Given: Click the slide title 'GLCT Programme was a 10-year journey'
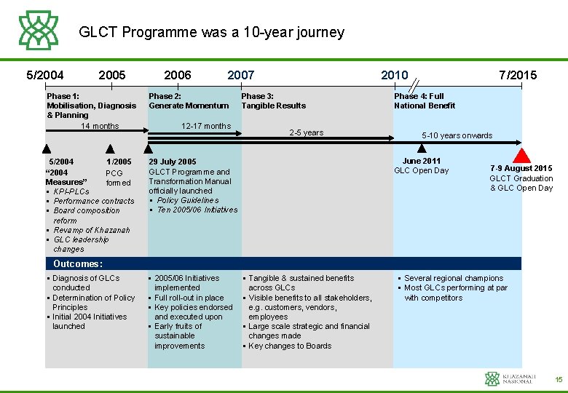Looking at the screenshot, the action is (x=211, y=33).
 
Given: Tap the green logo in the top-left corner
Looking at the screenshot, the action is (x=39, y=30).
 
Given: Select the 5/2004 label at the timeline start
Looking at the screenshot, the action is (x=45, y=75).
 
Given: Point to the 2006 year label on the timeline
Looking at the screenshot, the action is (x=178, y=75).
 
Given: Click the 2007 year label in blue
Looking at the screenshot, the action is (x=241, y=75).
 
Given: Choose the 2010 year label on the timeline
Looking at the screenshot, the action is (x=395, y=75).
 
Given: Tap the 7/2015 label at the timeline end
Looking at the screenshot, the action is (x=518, y=75).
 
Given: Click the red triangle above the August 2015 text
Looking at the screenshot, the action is (x=521, y=155).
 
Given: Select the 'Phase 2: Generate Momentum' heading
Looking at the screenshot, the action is (x=189, y=100).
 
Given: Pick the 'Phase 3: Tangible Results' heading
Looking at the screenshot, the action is (x=273, y=100).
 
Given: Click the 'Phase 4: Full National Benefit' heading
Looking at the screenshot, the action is (x=425, y=100).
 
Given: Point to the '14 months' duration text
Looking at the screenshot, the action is (x=100, y=126).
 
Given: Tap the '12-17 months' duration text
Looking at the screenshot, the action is (x=205, y=126).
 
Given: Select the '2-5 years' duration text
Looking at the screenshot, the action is (x=306, y=132).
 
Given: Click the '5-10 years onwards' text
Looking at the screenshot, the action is (x=457, y=135).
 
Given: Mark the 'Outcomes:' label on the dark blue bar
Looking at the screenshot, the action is (x=78, y=263).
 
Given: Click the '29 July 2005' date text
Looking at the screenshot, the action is (x=173, y=162).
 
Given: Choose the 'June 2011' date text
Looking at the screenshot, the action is (x=422, y=161).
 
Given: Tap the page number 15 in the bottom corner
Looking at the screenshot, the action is (x=559, y=379).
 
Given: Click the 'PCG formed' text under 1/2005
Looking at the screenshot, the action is (x=118, y=178).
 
